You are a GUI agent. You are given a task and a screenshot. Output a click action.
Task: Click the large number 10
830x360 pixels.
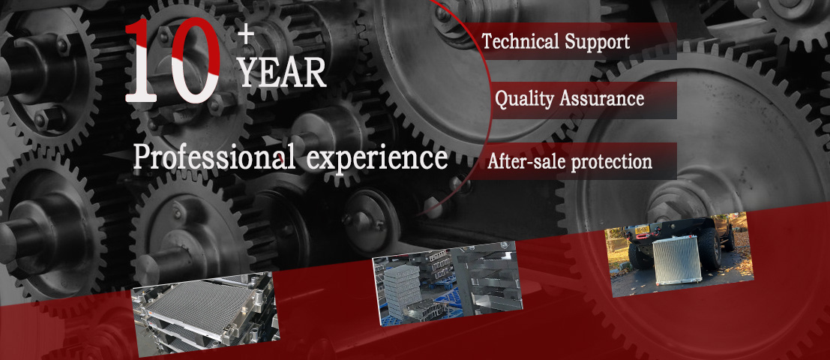click(x=173, y=60)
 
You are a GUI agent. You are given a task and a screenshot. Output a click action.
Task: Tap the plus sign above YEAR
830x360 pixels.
click(x=246, y=35)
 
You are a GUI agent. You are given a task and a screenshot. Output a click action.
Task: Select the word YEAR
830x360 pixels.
click(x=282, y=73)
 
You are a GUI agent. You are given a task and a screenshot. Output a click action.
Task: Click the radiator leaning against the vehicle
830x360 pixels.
click(x=677, y=260)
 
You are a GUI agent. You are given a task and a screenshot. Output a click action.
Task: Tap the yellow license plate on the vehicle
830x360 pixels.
click(x=642, y=229)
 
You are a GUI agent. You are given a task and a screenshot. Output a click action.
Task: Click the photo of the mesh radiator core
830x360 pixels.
click(x=206, y=314)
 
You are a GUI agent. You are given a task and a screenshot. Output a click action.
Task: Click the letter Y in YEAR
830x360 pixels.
click(x=250, y=73)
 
